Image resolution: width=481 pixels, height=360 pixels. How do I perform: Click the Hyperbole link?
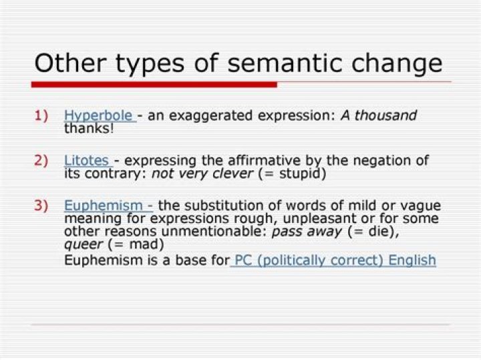pyautogui.click(x=98, y=116)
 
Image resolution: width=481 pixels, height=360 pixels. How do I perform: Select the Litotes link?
pyautogui.click(x=87, y=161)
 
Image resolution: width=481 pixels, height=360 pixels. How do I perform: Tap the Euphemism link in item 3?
pyautogui.click(x=104, y=206)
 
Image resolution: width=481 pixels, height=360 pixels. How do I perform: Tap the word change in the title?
pyautogui.click(x=399, y=63)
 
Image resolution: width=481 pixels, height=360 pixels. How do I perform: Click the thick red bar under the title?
pyautogui.click(x=154, y=84)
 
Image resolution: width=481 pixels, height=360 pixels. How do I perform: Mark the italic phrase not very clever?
pyautogui.click(x=202, y=174)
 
